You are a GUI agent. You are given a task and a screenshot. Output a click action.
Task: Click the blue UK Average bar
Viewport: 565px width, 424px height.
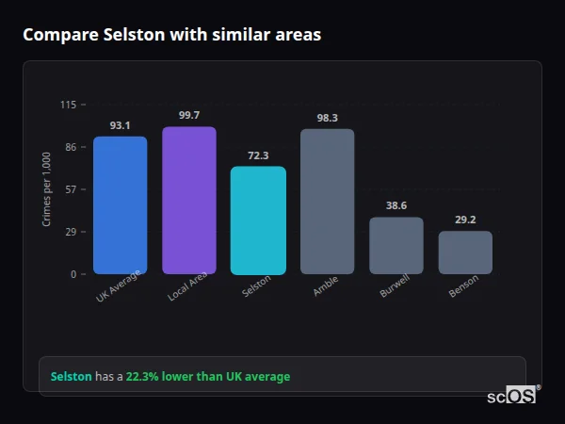tap(120, 205)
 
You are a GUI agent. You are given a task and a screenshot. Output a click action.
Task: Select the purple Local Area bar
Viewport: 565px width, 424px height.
tap(189, 201)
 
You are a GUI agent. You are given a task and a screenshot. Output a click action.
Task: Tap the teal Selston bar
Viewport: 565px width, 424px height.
tap(258, 220)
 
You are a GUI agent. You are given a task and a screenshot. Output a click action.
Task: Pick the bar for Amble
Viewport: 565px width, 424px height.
tap(327, 202)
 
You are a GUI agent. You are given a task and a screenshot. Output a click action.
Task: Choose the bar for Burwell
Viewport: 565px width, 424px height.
tap(396, 246)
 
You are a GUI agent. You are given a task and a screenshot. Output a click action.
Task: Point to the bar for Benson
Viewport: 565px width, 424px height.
tap(465, 253)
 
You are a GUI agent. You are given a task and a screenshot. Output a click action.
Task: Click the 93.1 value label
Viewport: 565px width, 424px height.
tap(120, 125)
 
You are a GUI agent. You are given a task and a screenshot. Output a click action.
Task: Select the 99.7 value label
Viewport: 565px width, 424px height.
tap(189, 115)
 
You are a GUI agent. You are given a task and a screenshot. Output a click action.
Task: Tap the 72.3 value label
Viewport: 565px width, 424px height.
tap(258, 155)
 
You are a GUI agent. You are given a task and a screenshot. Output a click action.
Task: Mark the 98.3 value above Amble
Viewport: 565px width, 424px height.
tap(327, 118)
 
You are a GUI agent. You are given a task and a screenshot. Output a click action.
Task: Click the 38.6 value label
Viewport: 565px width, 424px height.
tap(396, 205)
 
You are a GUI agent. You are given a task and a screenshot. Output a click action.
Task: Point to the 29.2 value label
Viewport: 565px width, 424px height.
tap(465, 220)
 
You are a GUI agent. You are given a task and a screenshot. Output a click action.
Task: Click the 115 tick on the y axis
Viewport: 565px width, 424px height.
tap(68, 105)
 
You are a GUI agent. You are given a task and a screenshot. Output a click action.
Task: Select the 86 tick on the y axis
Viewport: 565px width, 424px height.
tap(71, 147)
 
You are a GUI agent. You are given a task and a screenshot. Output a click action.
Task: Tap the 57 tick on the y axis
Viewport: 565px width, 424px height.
tap(71, 189)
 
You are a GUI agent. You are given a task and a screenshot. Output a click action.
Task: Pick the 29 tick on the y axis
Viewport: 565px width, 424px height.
tap(71, 232)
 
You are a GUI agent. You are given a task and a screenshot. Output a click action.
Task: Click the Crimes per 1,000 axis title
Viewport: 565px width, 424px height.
tap(47, 188)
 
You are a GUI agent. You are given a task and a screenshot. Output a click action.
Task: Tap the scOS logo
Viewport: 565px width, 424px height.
tap(511, 396)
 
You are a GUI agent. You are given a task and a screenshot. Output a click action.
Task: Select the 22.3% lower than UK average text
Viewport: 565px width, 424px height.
tap(208, 377)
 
